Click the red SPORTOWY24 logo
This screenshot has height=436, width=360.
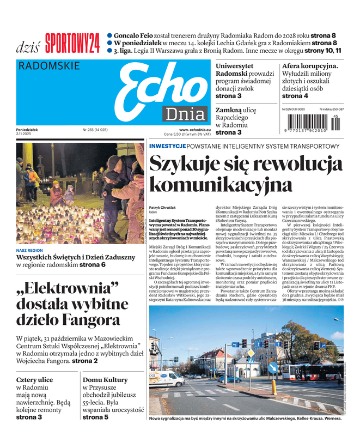[x=72, y=43]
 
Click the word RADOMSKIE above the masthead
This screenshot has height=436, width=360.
[x=49, y=66]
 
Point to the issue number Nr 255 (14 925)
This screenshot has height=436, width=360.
[x=95, y=130]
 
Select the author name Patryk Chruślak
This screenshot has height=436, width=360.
[x=163, y=208]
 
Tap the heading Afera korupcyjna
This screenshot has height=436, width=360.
[x=310, y=66]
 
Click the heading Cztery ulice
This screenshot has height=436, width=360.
[x=34, y=380]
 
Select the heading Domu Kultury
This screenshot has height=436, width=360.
[x=105, y=380]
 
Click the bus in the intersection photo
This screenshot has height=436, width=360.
[x=308, y=372]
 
